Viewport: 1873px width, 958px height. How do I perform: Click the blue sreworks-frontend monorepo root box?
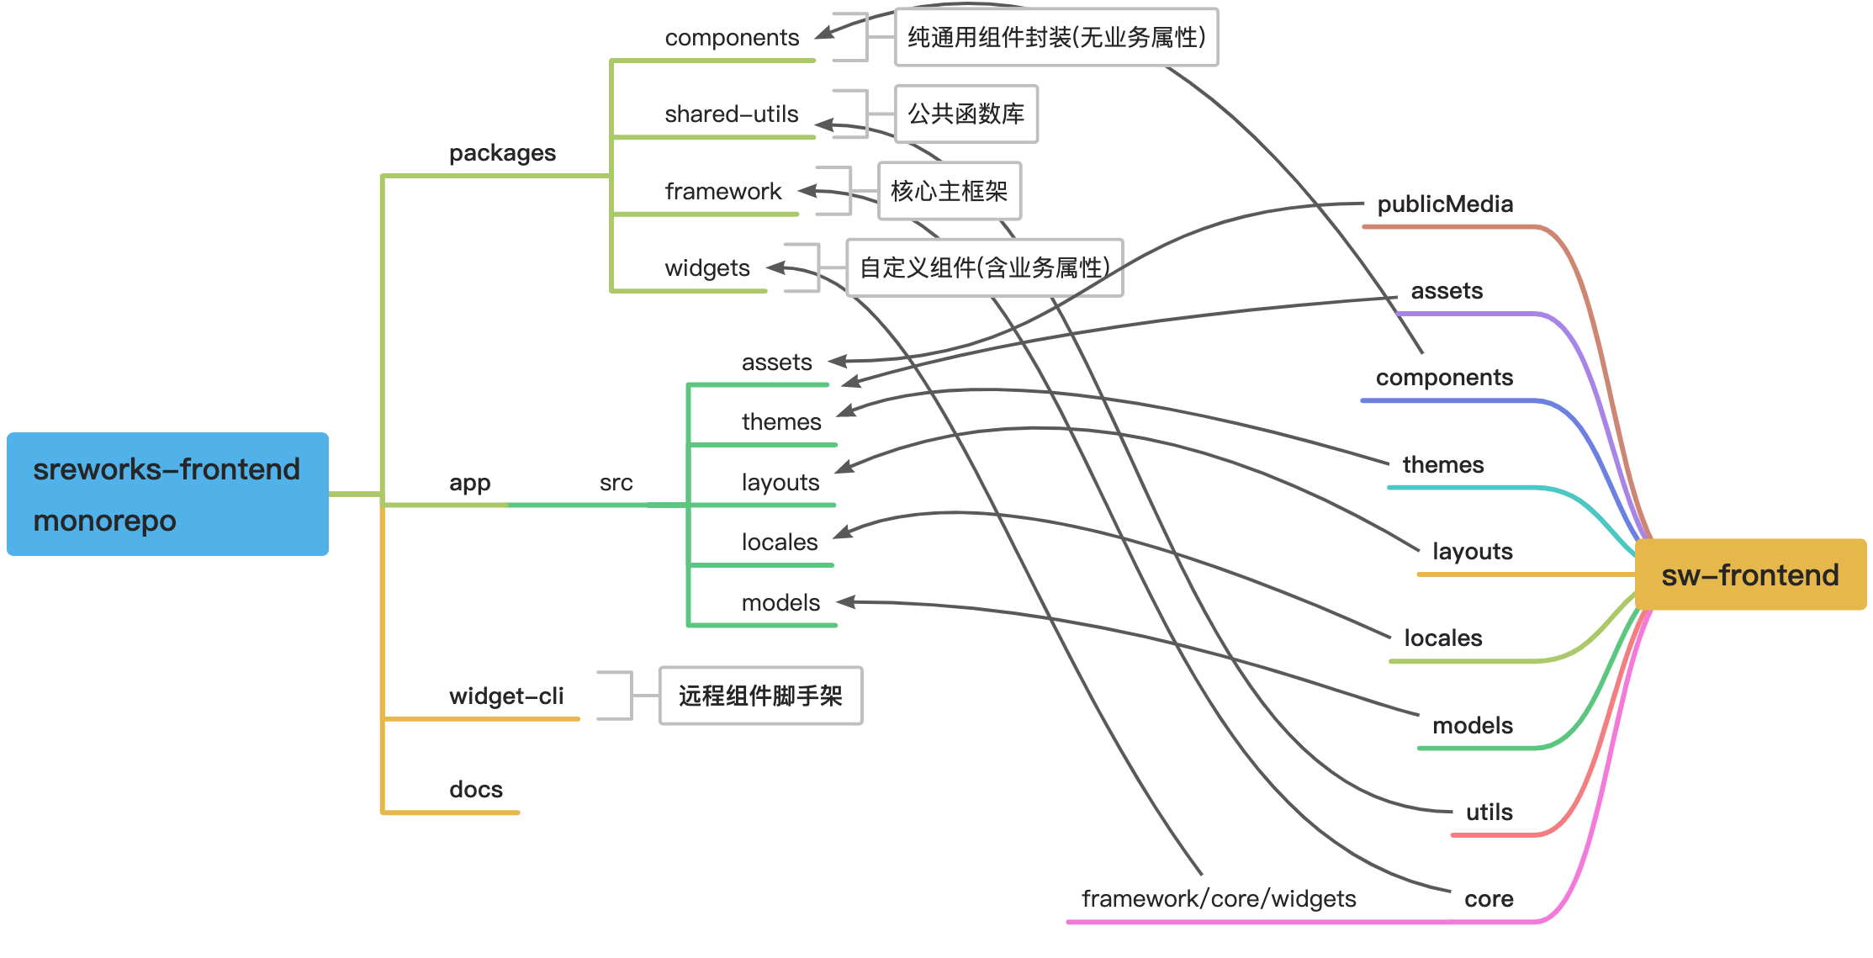pos(167,494)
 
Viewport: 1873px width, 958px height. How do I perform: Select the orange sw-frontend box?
pos(1749,574)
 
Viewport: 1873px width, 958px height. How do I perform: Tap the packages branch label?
pos(502,153)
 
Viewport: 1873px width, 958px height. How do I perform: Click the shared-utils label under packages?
pos(731,114)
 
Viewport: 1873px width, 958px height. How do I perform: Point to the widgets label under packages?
pos(706,268)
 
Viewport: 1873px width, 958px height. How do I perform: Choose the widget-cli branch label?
pos(506,696)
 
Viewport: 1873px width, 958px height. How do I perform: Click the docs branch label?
pos(476,790)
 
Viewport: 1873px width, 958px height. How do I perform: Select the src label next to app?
pos(616,483)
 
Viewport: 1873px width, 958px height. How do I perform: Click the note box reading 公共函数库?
pos(966,114)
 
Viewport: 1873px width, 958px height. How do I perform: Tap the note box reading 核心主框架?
pos(949,191)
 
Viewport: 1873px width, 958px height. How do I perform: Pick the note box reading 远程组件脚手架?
pos(760,696)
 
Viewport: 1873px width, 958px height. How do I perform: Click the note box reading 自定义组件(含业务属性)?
pos(984,267)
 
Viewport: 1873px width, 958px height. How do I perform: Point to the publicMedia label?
pos(1445,204)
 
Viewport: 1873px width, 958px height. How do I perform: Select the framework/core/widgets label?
pos(1219,899)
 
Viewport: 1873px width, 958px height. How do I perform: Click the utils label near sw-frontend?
pos(1489,812)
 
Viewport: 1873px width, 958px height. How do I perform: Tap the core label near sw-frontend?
pos(1489,899)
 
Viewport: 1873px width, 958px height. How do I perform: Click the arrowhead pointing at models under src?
pos(845,601)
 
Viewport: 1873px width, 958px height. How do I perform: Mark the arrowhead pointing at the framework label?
pos(806,191)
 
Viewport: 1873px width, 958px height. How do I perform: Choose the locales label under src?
pos(779,543)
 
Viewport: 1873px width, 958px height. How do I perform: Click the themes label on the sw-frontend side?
pos(1442,465)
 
